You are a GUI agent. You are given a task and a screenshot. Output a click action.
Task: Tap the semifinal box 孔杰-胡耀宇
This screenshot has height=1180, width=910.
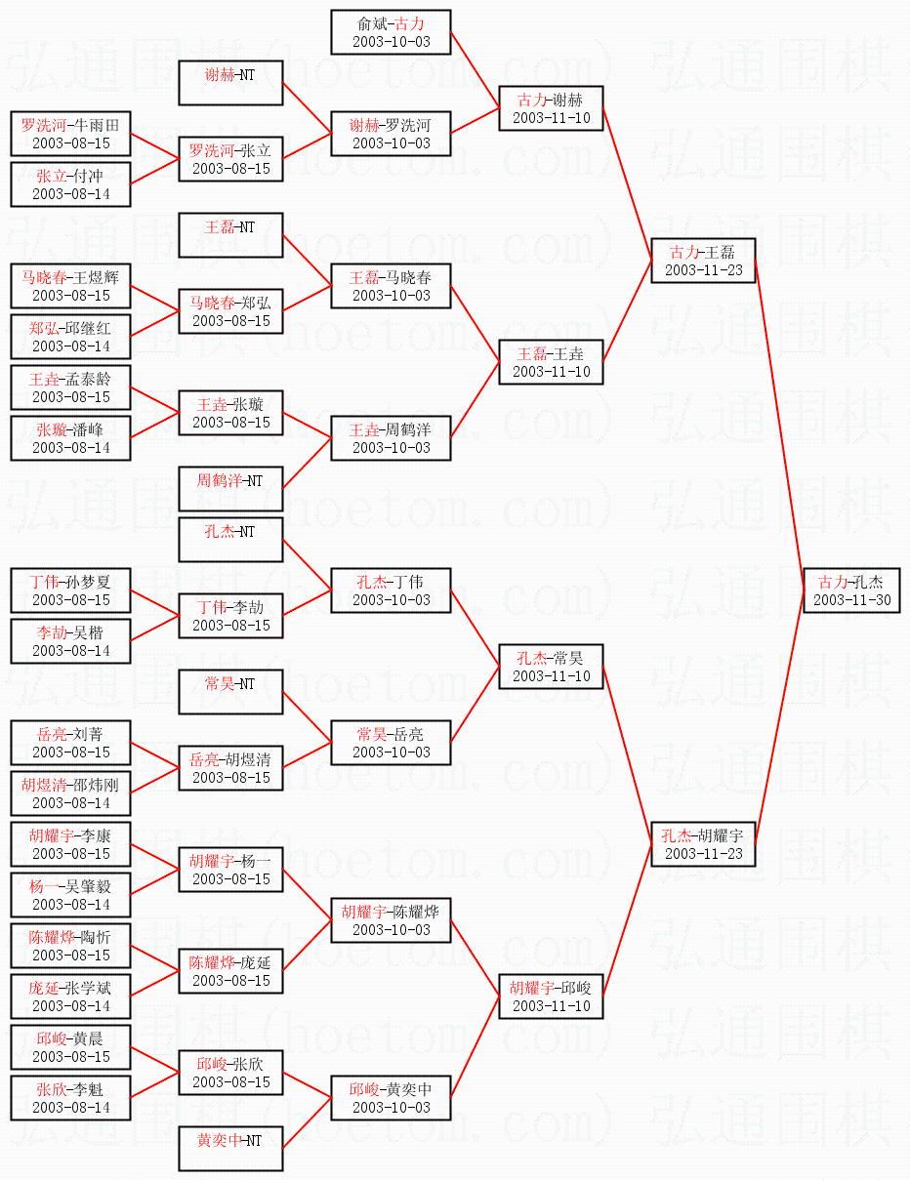[x=703, y=844]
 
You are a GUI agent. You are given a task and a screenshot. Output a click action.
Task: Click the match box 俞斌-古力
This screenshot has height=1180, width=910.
[x=391, y=32]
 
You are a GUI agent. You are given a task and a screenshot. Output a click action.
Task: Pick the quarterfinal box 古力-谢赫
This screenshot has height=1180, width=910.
[x=551, y=108]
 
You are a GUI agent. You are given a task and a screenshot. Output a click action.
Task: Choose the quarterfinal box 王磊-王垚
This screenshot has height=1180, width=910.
[x=551, y=362]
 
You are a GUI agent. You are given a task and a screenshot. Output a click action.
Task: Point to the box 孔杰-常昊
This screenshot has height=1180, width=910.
[x=551, y=667]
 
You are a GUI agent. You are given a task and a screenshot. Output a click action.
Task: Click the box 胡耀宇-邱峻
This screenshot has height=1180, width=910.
[x=551, y=997]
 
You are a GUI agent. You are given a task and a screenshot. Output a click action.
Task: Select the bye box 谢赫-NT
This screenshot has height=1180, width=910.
[x=230, y=83]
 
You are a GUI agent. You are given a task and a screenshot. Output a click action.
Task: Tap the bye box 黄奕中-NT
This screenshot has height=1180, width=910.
[x=230, y=1149]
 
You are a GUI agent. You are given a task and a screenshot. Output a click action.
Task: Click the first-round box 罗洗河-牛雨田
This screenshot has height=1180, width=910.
[x=70, y=134]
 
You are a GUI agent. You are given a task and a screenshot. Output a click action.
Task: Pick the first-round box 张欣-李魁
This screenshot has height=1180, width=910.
[x=70, y=1098]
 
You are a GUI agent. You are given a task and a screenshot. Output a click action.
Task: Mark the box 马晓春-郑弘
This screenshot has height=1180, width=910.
[x=230, y=311]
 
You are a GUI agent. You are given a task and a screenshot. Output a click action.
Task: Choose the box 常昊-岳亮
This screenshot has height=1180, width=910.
[x=391, y=743]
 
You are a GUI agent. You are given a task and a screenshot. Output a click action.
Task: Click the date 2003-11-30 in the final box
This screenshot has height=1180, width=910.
[x=851, y=600]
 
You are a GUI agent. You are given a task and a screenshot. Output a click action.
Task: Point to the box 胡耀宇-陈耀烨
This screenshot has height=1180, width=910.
[x=391, y=920]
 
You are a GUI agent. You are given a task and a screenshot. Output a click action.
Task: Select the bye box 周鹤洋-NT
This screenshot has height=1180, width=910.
[x=230, y=489]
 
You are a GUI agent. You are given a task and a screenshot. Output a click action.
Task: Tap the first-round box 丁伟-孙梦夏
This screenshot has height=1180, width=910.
[x=70, y=590]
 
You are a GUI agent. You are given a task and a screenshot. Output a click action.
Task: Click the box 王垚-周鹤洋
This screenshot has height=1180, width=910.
[x=391, y=438]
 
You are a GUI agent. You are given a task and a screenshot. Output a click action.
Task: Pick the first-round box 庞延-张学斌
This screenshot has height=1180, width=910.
[x=70, y=997]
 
